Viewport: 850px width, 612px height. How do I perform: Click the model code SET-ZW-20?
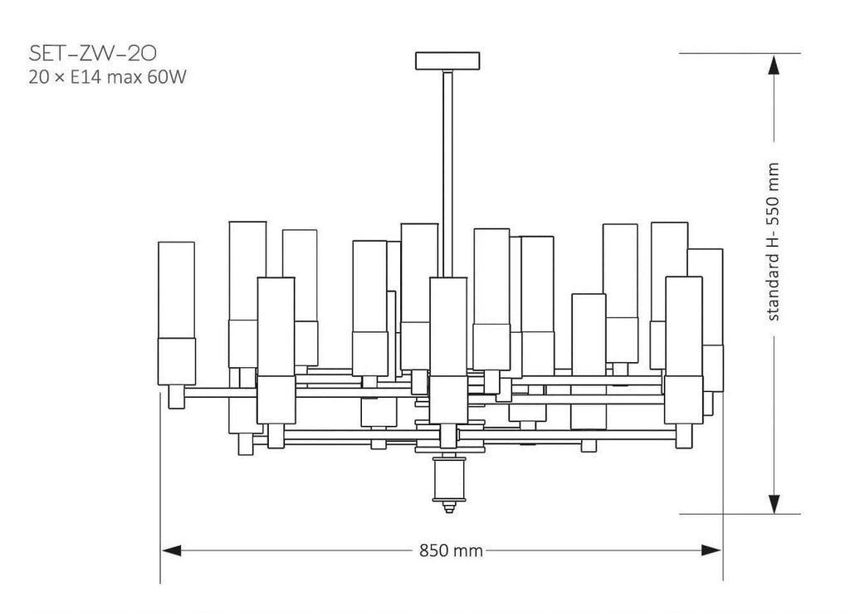93,54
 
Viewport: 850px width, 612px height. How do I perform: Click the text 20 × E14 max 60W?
107,77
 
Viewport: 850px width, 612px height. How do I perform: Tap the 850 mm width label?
451,551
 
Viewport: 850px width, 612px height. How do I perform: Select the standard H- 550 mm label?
773,241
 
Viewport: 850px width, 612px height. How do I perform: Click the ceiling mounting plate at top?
447,61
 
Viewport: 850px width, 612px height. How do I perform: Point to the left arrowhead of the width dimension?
171,551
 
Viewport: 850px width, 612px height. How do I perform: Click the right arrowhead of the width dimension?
711,551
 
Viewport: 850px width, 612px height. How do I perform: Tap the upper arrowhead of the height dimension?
774,65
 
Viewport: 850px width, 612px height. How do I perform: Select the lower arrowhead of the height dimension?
774,503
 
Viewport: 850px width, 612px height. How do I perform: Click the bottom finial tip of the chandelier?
448,507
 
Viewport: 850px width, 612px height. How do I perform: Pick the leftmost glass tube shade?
177,313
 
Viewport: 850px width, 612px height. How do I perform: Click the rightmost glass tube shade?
706,320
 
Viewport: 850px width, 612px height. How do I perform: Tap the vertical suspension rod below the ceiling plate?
447,174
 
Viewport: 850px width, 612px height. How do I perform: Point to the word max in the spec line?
125,78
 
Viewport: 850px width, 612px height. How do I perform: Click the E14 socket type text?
86,77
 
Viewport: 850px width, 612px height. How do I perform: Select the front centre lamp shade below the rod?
448,350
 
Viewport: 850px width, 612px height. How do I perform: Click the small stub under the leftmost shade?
177,397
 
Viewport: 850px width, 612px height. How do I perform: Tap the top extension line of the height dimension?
740,53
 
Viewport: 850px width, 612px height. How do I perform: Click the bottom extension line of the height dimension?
740,514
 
